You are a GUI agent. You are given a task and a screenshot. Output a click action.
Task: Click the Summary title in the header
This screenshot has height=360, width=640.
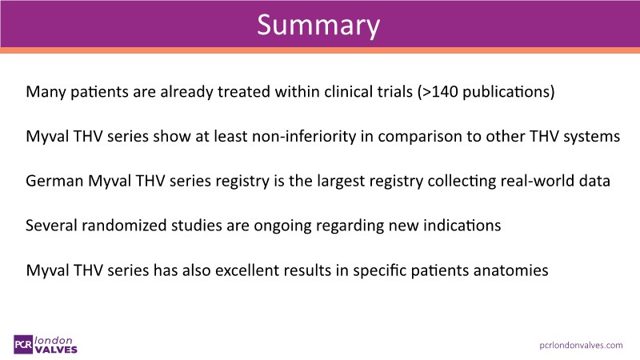pyautogui.click(x=318, y=26)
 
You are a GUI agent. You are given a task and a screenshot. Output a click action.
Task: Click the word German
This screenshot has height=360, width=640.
pyautogui.click(x=54, y=181)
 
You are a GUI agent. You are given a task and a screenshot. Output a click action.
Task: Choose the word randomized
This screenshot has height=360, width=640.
pyautogui.click(x=124, y=226)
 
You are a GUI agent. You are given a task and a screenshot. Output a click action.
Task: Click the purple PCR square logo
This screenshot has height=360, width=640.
pyautogui.click(x=23, y=345)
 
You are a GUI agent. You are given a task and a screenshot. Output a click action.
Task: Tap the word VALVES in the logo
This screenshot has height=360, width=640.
pyautogui.click(x=56, y=350)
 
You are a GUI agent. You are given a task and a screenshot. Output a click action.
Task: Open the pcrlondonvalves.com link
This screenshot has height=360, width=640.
pyautogui.click(x=582, y=346)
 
